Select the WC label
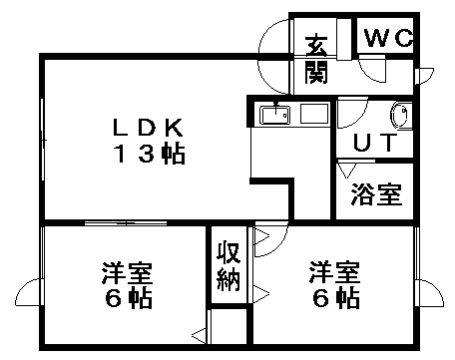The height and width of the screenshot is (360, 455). pyautogui.click(x=388, y=38)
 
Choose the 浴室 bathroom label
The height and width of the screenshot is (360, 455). pyautogui.click(x=375, y=193)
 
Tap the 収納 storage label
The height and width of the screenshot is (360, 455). pyautogui.click(x=228, y=265)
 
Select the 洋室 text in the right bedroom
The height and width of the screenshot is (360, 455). pyautogui.click(x=333, y=272)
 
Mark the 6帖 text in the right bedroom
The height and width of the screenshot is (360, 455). pyautogui.click(x=333, y=298)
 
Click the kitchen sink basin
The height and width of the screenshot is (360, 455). pyautogui.click(x=275, y=115)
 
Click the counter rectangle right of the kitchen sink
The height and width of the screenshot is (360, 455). pyautogui.click(x=314, y=115)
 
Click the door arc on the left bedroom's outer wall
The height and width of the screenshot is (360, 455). pyautogui.click(x=32, y=292)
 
